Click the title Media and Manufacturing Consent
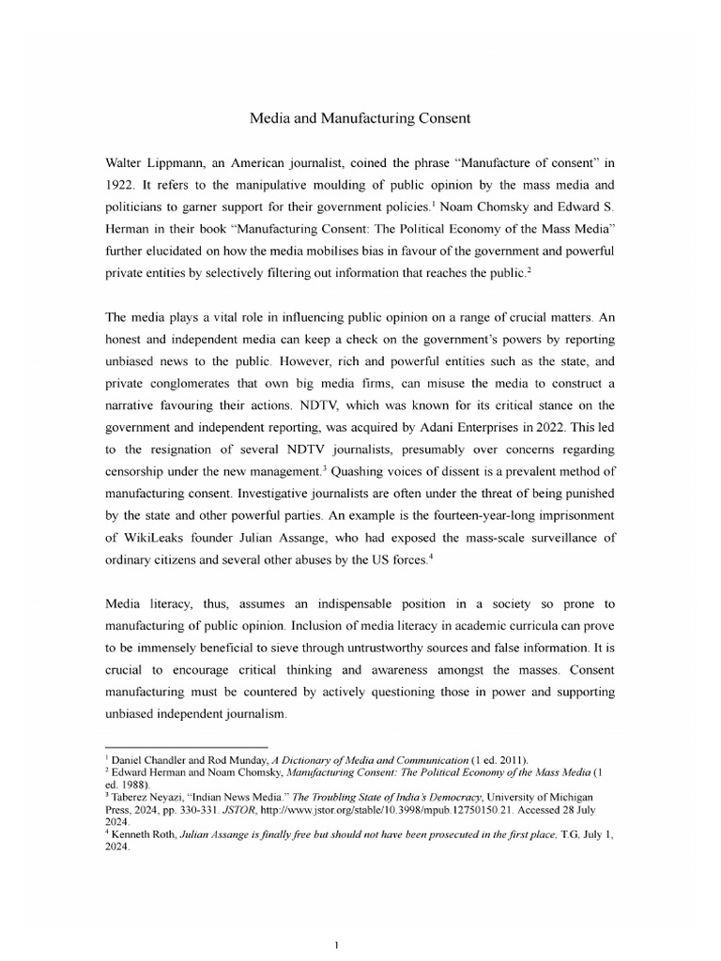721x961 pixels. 360,119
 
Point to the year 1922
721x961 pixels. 123,187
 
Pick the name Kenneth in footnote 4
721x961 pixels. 130,833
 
